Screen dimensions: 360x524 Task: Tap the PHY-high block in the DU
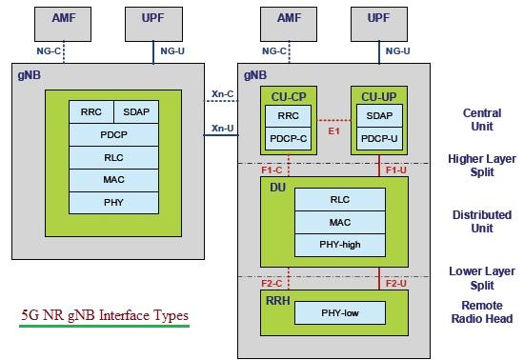(339, 245)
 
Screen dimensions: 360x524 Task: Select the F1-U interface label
(395, 170)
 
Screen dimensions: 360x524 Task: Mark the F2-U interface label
(395, 283)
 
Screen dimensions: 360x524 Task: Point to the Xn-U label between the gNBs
(221, 128)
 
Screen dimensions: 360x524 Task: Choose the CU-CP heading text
(287, 95)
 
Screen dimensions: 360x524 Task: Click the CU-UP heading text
(377, 95)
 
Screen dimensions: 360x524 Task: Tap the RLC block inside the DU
(339, 199)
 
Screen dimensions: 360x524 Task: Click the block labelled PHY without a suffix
(113, 202)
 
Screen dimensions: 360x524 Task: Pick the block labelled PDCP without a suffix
(113, 134)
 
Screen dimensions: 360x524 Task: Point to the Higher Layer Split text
(481, 166)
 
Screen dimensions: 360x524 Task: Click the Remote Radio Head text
(481, 311)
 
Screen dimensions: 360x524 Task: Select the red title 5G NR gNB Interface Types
(105, 315)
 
